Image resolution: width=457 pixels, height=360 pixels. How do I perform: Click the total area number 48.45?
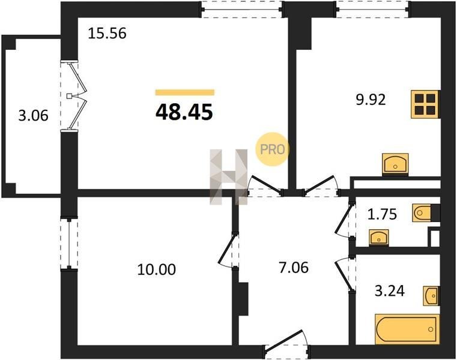(184, 112)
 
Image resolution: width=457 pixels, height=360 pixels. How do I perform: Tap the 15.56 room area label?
(107, 33)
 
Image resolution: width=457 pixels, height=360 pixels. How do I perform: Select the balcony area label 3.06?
(33, 116)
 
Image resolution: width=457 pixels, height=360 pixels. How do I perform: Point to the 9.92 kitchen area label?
(371, 100)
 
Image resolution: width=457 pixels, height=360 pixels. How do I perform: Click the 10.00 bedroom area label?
(157, 269)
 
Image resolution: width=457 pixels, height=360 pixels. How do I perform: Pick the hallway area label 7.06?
(294, 268)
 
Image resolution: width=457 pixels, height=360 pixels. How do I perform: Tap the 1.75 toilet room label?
(382, 214)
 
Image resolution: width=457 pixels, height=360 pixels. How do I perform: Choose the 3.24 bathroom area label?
(390, 290)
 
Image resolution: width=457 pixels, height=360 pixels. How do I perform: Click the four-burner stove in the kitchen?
(425, 104)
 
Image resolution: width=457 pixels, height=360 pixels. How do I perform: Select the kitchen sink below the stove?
(395, 164)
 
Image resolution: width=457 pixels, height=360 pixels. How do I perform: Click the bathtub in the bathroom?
(407, 329)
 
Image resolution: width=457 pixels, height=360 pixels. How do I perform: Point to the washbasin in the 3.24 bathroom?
(431, 296)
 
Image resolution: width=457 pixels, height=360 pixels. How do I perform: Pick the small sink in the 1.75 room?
(378, 238)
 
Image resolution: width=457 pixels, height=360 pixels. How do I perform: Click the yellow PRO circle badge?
(272, 149)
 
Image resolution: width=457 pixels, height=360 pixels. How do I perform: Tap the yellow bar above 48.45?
(185, 92)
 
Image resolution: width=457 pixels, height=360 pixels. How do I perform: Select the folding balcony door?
(73, 96)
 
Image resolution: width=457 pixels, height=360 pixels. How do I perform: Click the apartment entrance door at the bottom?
(287, 344)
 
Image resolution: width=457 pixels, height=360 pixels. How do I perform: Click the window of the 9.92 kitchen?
(373, 10)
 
